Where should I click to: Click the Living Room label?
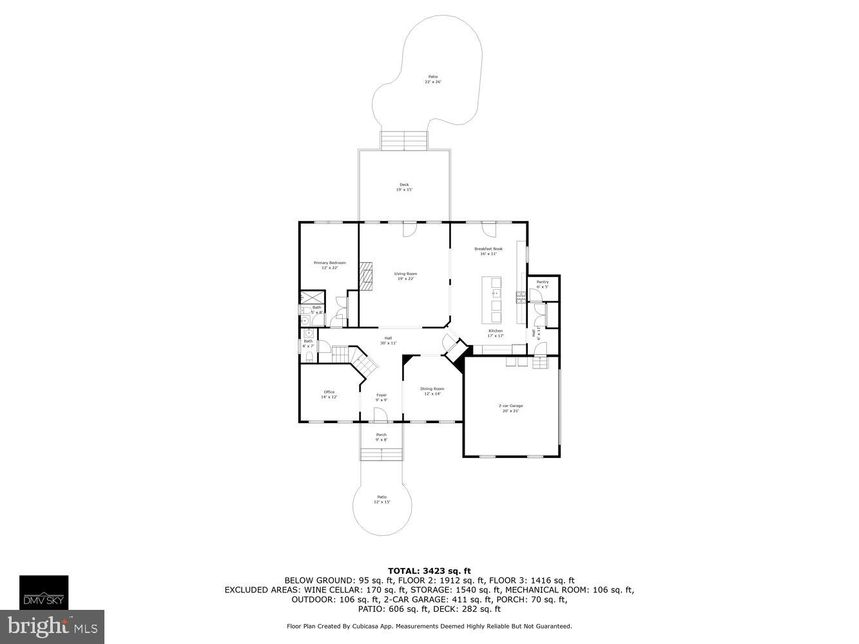click(405, 276)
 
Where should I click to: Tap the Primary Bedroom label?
click(329, 265)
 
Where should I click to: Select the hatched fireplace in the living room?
click(366, 273)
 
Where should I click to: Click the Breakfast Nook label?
click(488, 251)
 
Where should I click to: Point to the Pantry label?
click(543, 284)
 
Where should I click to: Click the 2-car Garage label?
click(510, 408)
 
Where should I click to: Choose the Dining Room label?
click(432, 391)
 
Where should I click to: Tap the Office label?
click(329, 394)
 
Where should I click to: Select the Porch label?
click(381, 437)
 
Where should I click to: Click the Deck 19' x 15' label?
click(404, 187)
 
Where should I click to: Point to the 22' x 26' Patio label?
click(432, 79)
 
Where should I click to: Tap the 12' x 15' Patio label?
click(381, 499)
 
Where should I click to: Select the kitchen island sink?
click(496, 294)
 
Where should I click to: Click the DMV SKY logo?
click(43, 592)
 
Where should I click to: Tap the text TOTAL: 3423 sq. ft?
click(429, 571)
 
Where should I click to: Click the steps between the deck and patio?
click(404, 140)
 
